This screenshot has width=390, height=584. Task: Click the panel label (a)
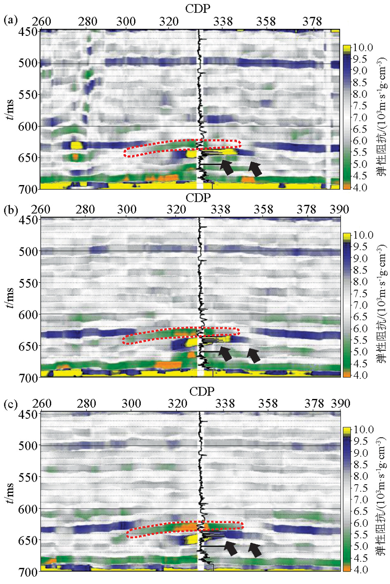click(11, 20)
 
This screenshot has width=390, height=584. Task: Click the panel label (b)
click(11, 210)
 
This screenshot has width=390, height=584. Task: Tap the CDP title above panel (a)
click(198, 9)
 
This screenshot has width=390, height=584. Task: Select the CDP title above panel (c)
click(202, 391)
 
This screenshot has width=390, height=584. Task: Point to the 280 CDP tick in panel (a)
click(87, 21)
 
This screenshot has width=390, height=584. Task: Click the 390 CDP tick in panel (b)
click(339, 210)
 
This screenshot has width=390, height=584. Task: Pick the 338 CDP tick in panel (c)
click(225, 404)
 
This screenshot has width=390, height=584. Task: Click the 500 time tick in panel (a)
click(28, 63)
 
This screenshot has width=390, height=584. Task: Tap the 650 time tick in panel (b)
click(28, 346)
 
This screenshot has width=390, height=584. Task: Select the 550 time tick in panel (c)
click(28, 477)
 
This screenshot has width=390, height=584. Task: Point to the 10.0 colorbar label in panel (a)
click(363, 48)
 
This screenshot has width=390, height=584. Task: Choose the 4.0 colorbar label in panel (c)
click(360, 569)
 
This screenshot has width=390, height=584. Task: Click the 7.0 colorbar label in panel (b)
click(360, 305)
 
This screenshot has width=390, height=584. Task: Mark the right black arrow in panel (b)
click(254, 355)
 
